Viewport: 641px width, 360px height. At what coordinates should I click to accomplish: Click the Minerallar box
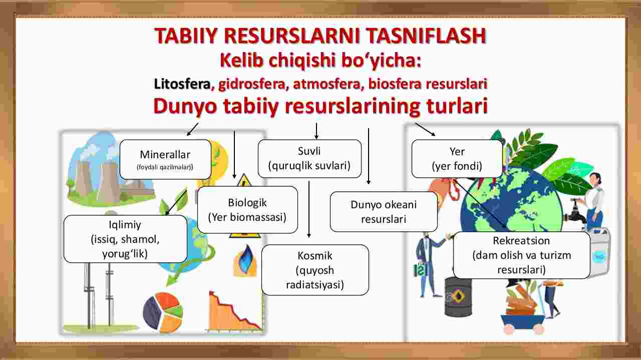point(165,159)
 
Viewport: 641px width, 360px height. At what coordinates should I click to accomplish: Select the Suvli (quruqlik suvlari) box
point(309,159)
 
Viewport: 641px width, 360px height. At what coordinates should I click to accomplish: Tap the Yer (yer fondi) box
point(457,159)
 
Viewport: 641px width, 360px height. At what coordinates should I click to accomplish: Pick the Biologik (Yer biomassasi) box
point(247,210)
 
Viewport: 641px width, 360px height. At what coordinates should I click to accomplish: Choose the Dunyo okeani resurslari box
point(384,212)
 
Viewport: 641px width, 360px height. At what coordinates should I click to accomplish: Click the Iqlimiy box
point(125,239)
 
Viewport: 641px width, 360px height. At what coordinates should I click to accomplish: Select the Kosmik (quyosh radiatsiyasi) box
point(315,270)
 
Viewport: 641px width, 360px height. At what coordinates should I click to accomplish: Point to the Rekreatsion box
point(522,255)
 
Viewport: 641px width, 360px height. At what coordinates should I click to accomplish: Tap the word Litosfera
point(182,84)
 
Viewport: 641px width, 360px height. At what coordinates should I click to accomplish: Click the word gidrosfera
point(252,84)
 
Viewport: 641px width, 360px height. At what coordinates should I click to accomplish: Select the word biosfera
point(395,84)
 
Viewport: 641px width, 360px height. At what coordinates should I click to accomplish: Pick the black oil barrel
point(458,297)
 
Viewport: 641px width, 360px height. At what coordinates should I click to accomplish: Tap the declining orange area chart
point(235,312)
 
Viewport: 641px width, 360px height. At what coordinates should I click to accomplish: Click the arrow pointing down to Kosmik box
point(309,209)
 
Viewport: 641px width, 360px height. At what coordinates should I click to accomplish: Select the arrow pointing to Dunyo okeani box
point(369,156)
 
